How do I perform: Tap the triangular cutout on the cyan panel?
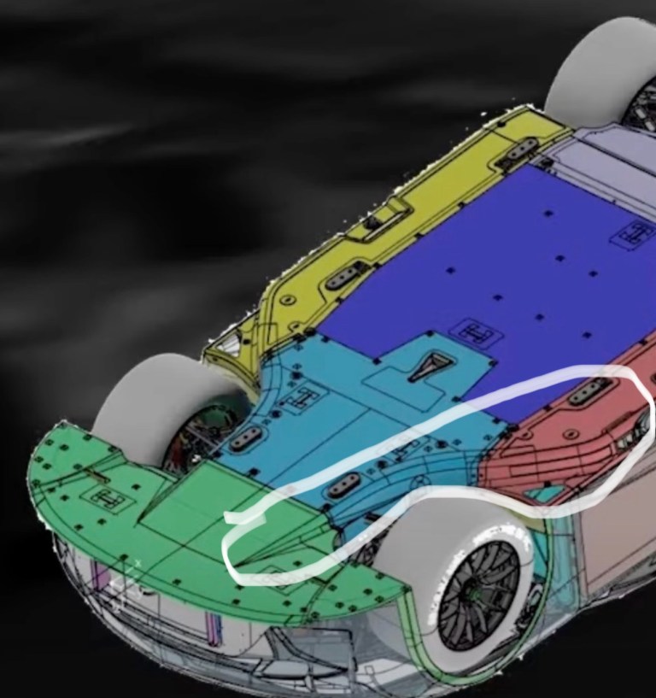[x=425, y=368]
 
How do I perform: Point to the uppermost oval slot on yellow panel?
[x=521, y=151]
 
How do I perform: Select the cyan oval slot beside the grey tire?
[x=248, y=437]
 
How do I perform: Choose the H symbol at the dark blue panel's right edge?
[x=635, y=232]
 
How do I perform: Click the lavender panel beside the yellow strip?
[x=598, y=162]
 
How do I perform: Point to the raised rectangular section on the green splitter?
[x=205, y=504]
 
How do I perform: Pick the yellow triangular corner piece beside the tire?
[x=224, y=346]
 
